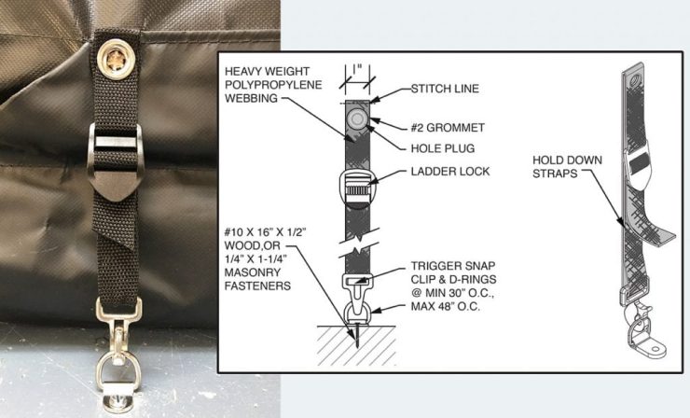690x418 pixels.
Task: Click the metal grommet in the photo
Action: (116, 59)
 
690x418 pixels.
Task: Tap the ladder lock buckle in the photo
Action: (116, 160)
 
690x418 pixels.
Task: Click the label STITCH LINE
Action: (445, 89)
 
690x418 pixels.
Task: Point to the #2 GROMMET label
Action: (448, 128)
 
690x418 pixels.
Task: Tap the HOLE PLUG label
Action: (443, 148)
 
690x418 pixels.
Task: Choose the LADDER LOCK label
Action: (450, 172)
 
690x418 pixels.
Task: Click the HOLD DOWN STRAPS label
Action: (567, 166)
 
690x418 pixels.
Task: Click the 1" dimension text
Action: (356, 70)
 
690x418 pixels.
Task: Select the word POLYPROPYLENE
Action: (273, 85)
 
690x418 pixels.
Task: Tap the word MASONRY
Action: (252, 272)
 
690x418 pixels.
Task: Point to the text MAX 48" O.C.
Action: (446, 306)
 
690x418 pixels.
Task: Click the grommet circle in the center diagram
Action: (355, 118)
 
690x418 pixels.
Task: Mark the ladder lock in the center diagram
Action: (357, 188)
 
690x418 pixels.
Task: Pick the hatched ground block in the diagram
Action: (356, 346)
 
